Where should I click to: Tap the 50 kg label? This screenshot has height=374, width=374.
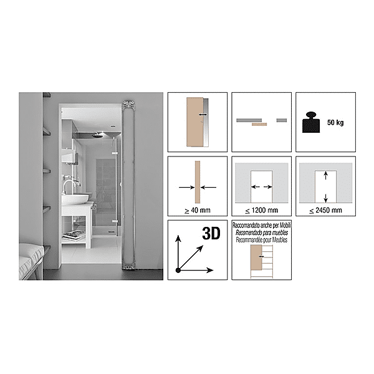click(335, 122)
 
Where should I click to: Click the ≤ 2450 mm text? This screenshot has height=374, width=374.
click(324, 210)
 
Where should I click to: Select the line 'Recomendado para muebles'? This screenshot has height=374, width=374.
click(259, 230)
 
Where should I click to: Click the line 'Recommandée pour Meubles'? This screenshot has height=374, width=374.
click(259, 236)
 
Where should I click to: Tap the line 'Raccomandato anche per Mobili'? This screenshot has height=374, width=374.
click(259, 224)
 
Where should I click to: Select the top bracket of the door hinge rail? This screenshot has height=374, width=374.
click(129, 104)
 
